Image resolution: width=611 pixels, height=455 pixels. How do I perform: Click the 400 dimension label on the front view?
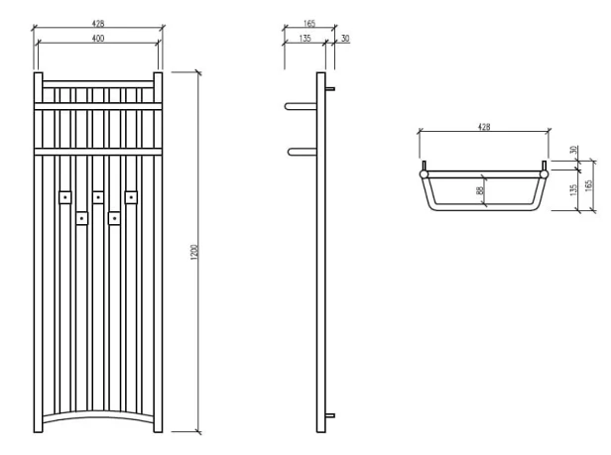tap(98, 38)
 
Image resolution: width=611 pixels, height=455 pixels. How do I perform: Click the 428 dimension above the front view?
tap(98, 21)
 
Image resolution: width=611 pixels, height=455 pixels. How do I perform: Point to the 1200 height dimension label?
tap(194, 253)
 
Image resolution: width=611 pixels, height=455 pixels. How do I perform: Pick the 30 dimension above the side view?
tap(344, 38)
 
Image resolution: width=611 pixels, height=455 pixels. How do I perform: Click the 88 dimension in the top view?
tap(480, 191)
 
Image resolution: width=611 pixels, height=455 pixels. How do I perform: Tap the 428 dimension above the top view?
tap(484, 128)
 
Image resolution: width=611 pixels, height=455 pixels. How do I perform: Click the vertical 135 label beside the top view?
tap(574, 190)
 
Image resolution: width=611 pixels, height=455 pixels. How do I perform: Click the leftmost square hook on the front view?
tap(64, 197)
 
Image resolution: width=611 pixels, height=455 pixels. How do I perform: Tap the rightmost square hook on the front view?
tap(131, 196)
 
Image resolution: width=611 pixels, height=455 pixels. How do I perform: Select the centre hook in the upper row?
tap(98, 197)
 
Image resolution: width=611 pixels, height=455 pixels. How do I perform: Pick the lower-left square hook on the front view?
tap(82, 216)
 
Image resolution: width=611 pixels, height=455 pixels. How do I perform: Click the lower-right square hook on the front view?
tap(115, 216)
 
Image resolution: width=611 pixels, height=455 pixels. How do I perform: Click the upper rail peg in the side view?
tap(301, 105)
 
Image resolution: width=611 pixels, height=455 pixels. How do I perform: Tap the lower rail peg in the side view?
tap(301, 151)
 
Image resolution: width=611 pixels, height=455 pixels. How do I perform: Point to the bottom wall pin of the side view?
tap(332, 414)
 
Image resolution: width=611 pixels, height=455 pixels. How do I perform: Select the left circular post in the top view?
tap(425, 173)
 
